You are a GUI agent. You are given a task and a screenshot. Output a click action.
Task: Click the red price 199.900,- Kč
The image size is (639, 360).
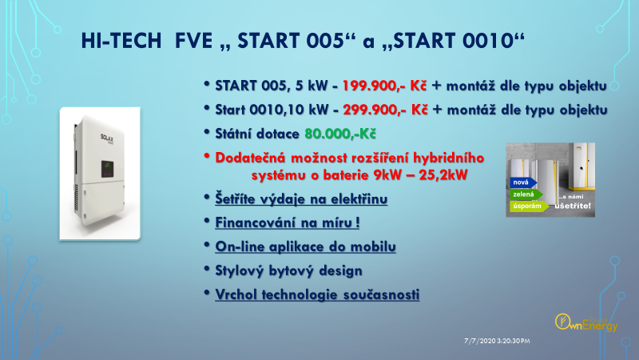(x=384, y=86)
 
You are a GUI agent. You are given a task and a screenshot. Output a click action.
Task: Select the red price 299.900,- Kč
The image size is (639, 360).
(x=386, y=110)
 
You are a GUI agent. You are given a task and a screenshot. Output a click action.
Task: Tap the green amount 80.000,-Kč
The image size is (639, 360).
(x=340, y=134)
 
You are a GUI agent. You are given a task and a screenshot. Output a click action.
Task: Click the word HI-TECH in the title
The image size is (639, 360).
(x=121, y=41)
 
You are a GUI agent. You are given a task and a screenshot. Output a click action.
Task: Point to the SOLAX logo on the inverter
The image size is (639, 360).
(x=107, y=139)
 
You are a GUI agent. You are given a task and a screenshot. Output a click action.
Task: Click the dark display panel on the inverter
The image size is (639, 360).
(x=108, y=169)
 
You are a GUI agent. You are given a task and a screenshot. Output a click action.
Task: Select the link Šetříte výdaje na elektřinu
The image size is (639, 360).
(x=301, y=199)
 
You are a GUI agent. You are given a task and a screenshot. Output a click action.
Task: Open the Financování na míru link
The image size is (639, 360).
(x=288, y=223)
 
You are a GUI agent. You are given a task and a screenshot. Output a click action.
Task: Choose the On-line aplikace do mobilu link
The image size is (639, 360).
(x=306, y=247)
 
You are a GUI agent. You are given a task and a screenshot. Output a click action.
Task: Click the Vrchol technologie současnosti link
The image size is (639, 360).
(x=317, y=294)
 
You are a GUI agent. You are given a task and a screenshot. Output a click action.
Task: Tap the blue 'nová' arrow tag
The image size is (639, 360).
(x=523, y=182)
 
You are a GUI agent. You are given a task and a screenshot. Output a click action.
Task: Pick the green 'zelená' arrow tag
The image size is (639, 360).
(x=526, y=194)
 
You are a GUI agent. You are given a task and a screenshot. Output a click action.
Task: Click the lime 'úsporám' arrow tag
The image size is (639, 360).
(x=529, y=206)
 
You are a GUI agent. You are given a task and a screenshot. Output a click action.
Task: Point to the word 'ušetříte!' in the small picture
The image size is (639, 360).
(x=573, y=206)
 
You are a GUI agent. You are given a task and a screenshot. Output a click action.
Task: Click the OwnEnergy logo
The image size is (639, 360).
(x=586, y=323)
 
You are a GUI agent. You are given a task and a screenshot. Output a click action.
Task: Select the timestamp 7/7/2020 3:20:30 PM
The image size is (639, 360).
(x=497, y=341)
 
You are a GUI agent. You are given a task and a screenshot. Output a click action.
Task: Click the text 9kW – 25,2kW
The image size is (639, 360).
(x=420, y=175)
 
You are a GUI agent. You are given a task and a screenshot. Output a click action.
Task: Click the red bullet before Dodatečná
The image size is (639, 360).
(x=207, y=156)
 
